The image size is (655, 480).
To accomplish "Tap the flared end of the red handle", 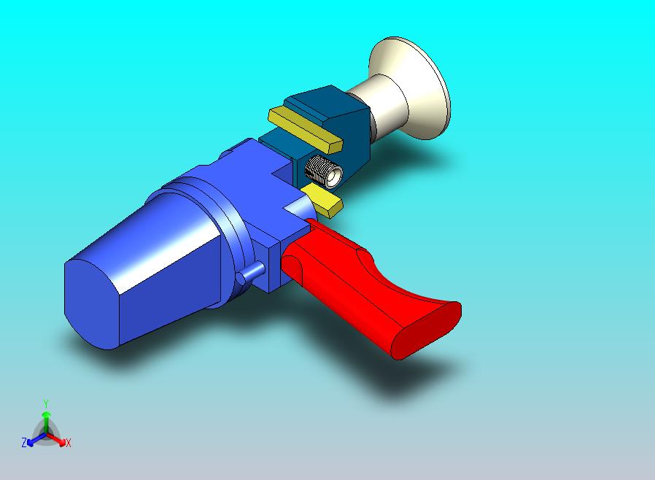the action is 426,329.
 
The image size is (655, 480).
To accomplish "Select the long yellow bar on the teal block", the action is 305,128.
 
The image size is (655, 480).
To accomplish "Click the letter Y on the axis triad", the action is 46,403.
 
